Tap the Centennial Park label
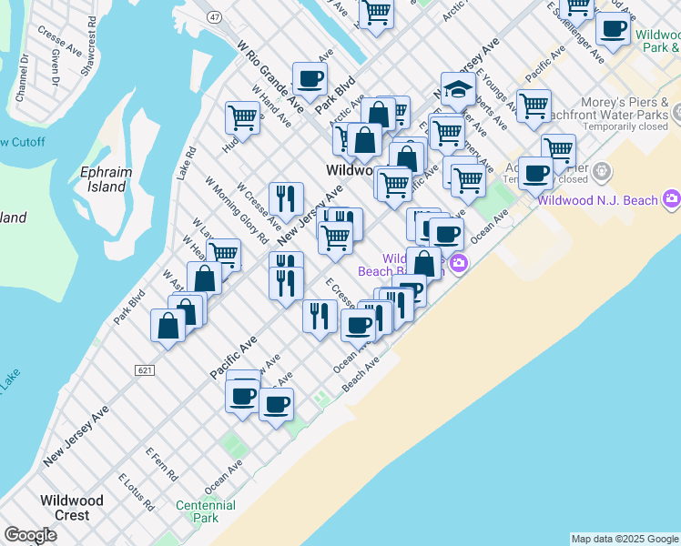click(206, 511)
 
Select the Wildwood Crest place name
click(71, 508)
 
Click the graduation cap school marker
click(458, 89)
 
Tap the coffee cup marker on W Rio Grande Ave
click(310, 79)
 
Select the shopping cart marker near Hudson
click(242, 117)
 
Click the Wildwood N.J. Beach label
click(597, 200)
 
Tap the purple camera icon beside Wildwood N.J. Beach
click(672, 198)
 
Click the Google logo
click(30, 535)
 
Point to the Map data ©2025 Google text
click(624, 539)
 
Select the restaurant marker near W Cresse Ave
click(286, 197)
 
